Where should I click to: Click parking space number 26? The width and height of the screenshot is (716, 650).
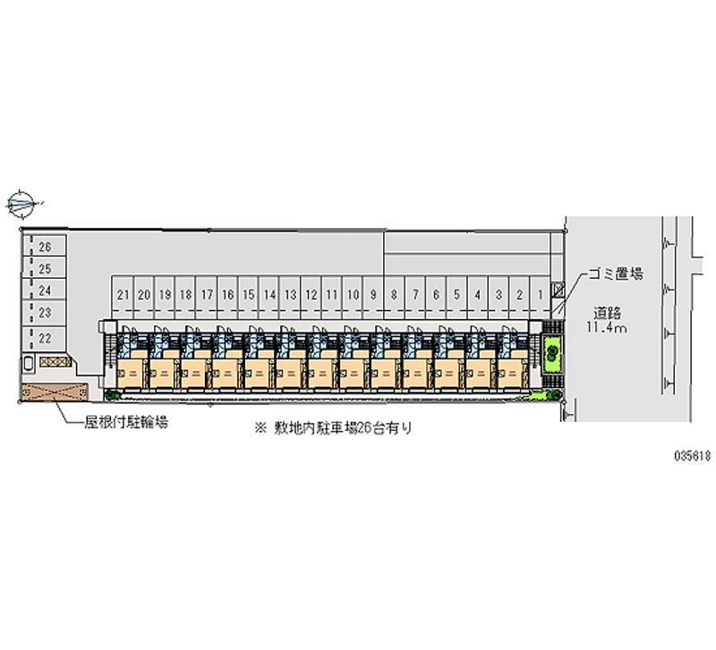click(46, 246)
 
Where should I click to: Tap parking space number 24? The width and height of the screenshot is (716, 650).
click(46, 290)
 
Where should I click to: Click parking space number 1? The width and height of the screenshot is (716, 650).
click(541, 293)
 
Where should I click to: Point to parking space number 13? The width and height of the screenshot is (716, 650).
click(290, 293)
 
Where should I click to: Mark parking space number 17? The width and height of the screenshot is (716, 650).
click(207, 293)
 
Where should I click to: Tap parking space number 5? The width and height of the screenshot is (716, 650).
click(456, 293)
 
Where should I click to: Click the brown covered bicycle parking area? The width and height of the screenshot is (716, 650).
click(55, 391)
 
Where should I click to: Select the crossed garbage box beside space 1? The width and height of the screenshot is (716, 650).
click(558, 289)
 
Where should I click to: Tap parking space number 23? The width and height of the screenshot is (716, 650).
click(46, 312)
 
